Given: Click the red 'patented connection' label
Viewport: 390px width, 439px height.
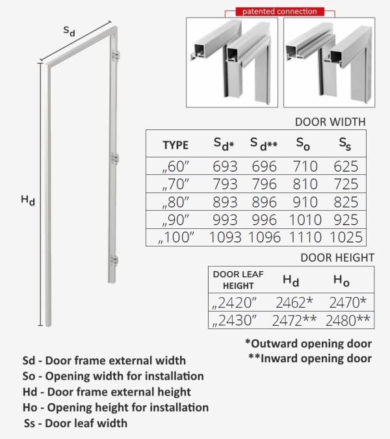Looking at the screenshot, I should click(279, 11).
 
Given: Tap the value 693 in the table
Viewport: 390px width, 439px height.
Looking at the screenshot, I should click(225, 166).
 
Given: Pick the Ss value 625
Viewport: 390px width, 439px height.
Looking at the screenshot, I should click(346, 166).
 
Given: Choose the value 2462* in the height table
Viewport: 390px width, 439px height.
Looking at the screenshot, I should click(294, 302).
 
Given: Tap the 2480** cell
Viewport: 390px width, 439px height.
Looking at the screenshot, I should click(348, 320).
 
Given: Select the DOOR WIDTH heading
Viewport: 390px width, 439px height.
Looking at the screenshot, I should click(330, 121).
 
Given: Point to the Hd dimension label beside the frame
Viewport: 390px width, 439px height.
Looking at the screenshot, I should click(28, 202).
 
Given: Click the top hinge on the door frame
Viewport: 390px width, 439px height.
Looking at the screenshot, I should click(117, 57).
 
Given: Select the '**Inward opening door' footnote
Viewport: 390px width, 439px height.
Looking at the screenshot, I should click(309, 358).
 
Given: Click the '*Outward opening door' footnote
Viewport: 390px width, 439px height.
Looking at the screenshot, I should click(308, 343).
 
